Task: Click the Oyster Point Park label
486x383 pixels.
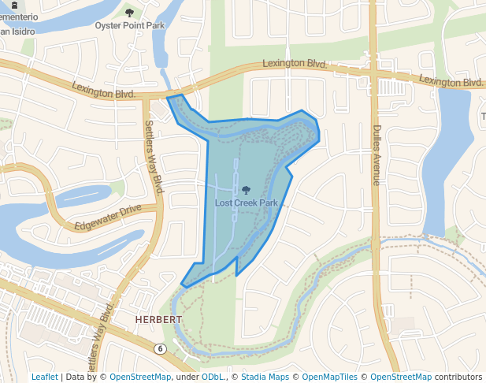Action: pyautogui.click(x=129, y=25)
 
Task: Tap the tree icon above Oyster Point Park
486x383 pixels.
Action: pyautogui.click(x=129, y=13)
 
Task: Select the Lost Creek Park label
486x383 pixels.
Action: pyautogui.click(x=247, y=203)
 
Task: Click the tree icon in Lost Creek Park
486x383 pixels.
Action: pyautogui.click(x=247, y=190)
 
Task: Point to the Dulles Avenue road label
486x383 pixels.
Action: pyautogui.click(x=377, y=155)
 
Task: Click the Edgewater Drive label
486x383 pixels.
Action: pyautogui.click(x=108, y=218)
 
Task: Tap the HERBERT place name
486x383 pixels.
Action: pyautogui.click(x=158, y=320)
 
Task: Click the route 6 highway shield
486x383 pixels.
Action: pyautogui.click(x=160, y=348)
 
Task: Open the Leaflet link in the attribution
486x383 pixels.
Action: pyautogui.click(x=45, y=377)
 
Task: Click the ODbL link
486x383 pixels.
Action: pyautogui.click(x=213, y=377)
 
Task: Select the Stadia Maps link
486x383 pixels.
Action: pyautogui.click(x=262, y=377)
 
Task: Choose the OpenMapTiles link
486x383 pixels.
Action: pyautogui.click(x=328, y=377)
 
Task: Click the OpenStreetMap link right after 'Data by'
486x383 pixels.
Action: pyautogui.click(x=140, y=377)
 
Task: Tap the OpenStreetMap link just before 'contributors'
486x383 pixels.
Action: pyautogui.click(x=401, y=377)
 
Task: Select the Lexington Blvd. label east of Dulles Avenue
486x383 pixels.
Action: pyautogui.click(x=451, y=80)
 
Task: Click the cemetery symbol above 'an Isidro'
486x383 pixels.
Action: pyautogui.click(x=13, y=5)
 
